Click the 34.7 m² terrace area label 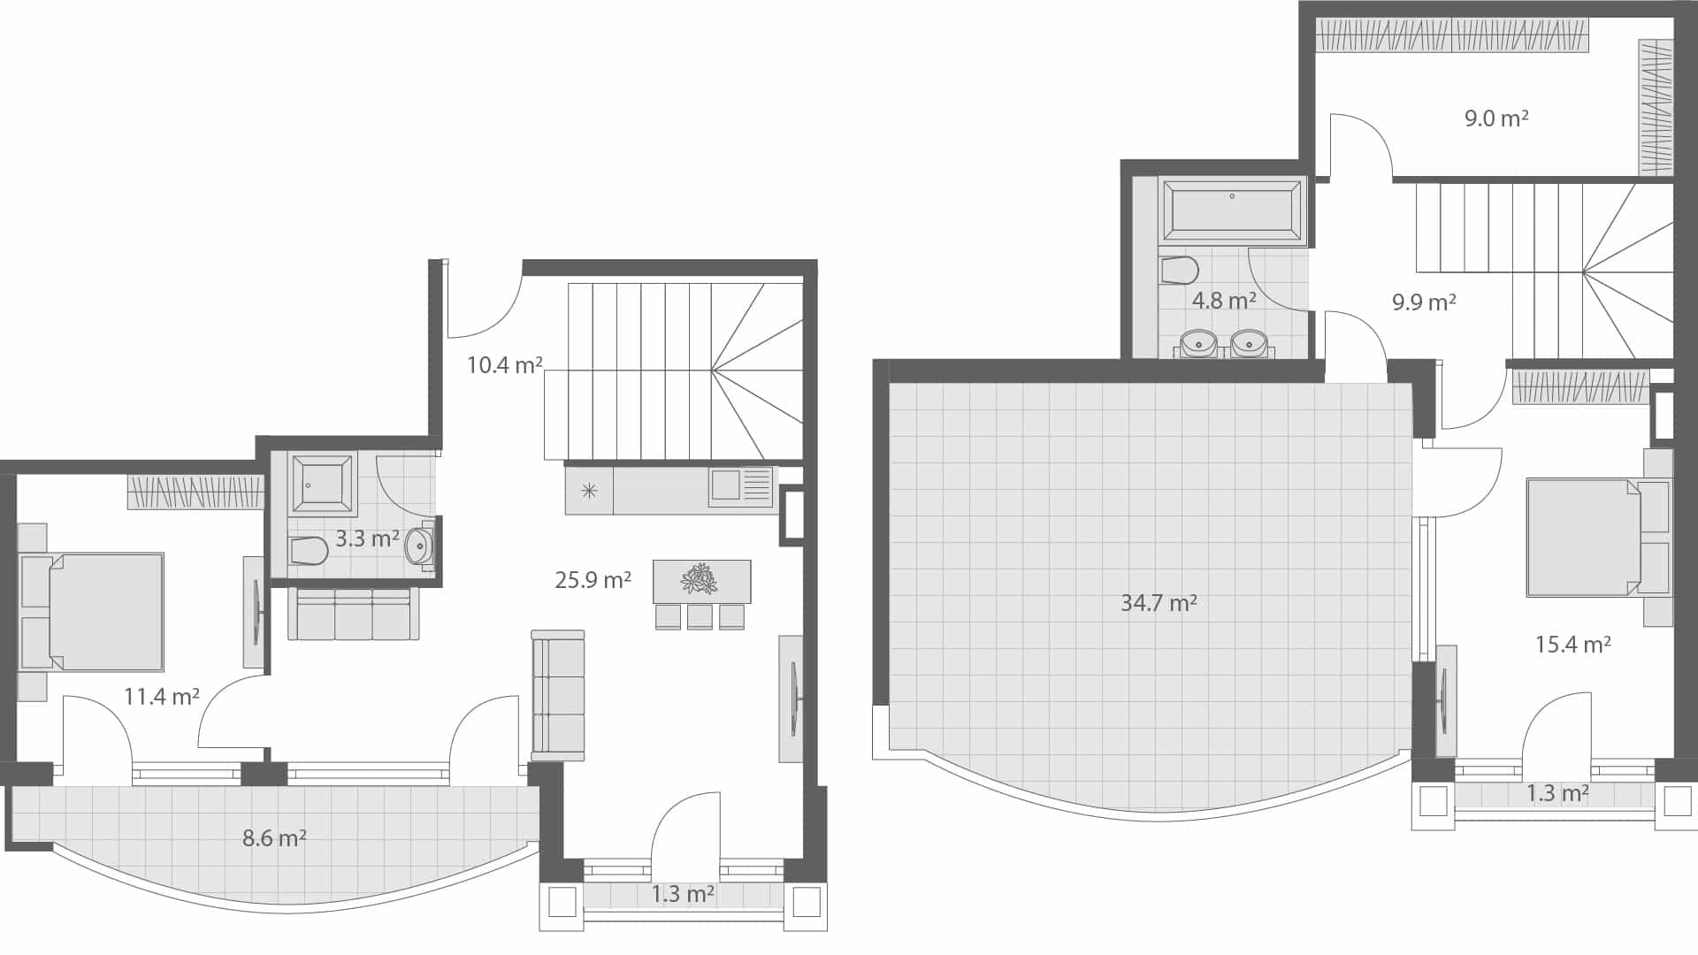click(1159, 603)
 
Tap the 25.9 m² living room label click(593, 580)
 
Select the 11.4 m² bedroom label click(161, 697)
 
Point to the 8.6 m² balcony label click(274, 837)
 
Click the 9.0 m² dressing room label click(1496, 118)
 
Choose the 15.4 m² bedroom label click(1572, 645)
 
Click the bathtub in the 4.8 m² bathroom click(1232, 210)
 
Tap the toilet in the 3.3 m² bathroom click(309, 551)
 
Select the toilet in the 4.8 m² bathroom click(1179, 270)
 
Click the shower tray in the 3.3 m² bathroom click(322, 485)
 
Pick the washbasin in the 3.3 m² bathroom click(418, 546)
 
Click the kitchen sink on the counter click(726, 485)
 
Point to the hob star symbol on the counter click(589, 491)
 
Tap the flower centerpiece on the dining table click(700, 580)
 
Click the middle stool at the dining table click(700, 616)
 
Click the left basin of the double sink click(1198, 343)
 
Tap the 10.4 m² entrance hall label click(504, 365)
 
